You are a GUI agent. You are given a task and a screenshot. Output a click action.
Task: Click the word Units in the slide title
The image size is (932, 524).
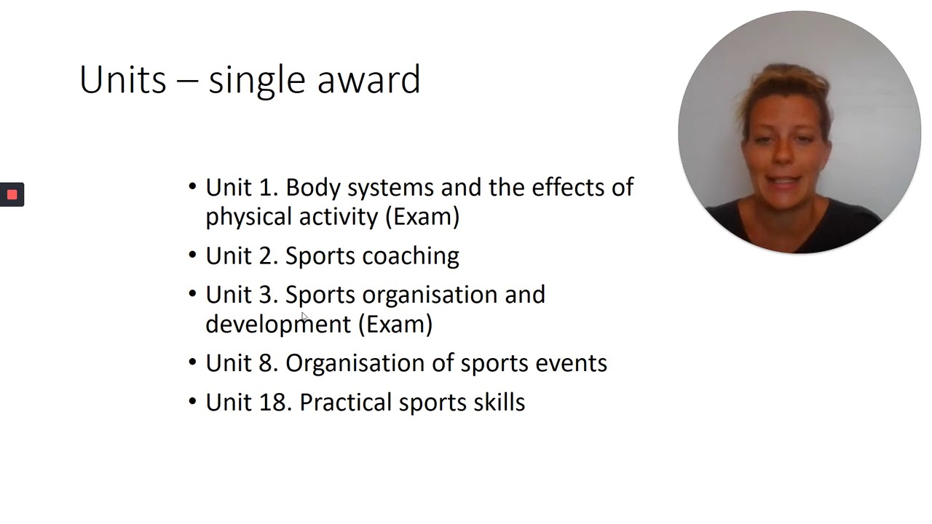pyautogui.click(x=122, y=79)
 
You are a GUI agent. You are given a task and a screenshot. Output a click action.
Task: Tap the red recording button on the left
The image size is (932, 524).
pyautogui.click(x=12, y=194)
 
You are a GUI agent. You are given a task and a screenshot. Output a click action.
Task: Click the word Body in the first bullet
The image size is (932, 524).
pyautogui.click(x=313, y=188)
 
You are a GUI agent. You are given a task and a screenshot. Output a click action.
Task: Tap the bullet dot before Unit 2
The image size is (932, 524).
pyautogui.click(x=192, y=255)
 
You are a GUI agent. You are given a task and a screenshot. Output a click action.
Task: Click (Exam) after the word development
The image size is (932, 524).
pyautogui.click(x=395, y=324)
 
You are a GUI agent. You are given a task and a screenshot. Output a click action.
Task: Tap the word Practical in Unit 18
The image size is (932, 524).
pyautogui.click(x=347, y=402)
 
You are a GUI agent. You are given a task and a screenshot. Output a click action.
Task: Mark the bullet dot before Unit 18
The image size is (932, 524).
pyautogui.click(x=192, y=402)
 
